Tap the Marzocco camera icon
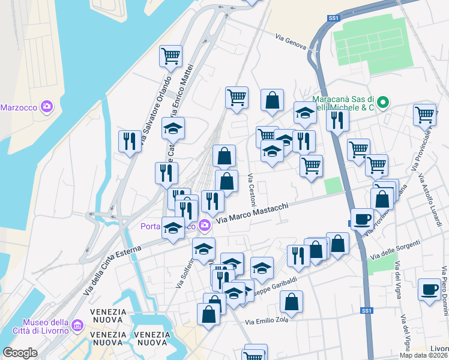(46, 107)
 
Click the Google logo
(20, 353)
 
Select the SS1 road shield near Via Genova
(334, 19)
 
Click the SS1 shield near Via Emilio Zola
(367, 311)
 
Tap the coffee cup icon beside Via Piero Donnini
(429, 289)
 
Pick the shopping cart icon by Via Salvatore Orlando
(170, 56)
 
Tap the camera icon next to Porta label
(205, 225)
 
